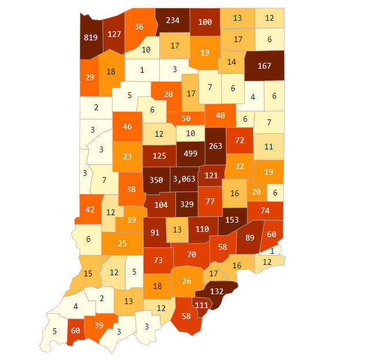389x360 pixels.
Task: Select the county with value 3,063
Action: tap(184, 179)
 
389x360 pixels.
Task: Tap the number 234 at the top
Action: tap(173, 20)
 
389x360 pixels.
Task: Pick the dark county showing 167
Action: tap(264, 66)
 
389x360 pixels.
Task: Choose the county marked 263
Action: tap(215, 146)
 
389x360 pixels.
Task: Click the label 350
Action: tap(156, 179)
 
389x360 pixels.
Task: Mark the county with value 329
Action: tap(186, 204)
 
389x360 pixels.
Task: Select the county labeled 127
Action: tap(114, 33)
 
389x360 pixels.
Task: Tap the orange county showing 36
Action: tap(139, 27)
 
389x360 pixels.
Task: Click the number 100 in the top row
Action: tap(205, 22)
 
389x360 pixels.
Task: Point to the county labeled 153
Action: tap(231, 220)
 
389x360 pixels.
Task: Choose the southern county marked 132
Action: tap(216, 291)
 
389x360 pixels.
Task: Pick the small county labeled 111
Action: tap(201, 305)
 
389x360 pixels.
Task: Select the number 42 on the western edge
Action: tap(90, 209)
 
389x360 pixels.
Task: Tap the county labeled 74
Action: tap(265, 211)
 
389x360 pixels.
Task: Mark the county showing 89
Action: tap(250, 237)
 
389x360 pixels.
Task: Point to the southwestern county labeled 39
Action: tap(99, 326)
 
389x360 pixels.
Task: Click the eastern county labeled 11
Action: tap(268, 147)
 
